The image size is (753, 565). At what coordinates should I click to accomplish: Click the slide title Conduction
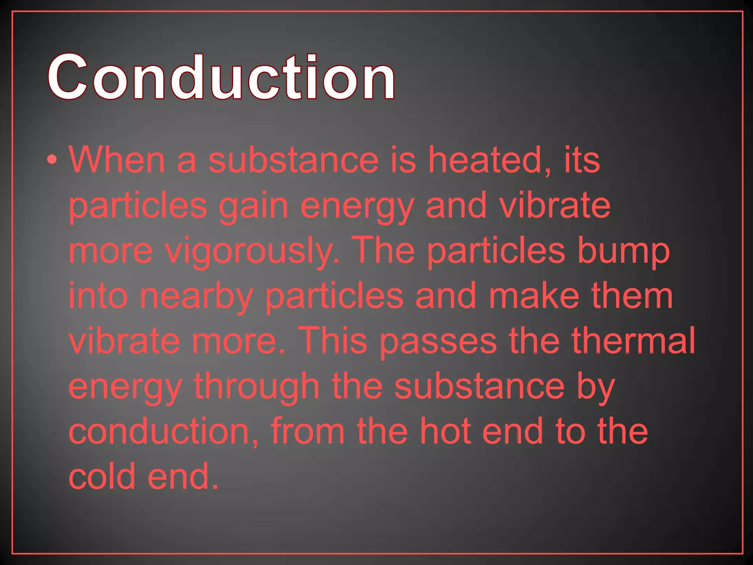[221, 77]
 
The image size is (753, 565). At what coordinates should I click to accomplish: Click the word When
[117, 160]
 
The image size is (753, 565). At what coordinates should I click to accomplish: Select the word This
[332, 341]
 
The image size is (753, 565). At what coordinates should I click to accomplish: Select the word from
[308, 432]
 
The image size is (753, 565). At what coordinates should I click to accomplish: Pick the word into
[98, 296]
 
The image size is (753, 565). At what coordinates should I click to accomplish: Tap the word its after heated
[582, 160]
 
